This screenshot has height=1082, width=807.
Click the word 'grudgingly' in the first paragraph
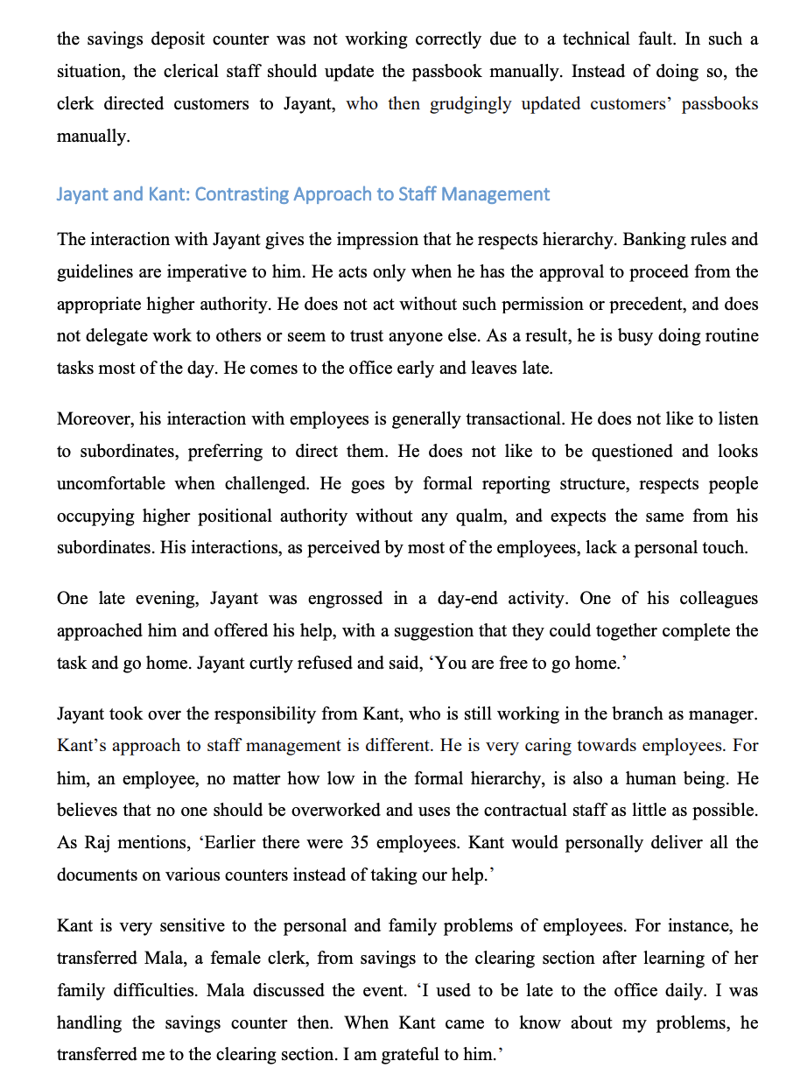click(471, 104)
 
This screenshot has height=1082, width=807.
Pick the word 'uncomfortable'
click(111, 484)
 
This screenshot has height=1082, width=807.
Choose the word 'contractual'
click(511, 811)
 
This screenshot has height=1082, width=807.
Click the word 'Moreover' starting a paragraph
click(93, 419)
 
